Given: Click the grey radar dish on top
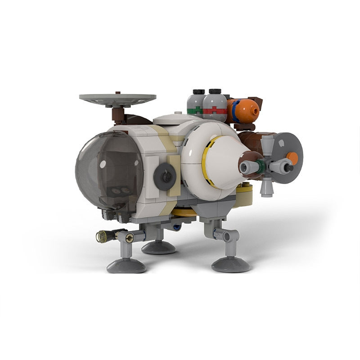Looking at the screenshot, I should click(117, 98).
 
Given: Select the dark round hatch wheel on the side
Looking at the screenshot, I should click(165, 176).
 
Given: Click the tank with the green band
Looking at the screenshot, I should click(195, 104).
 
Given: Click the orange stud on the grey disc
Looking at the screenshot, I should click(292, 158).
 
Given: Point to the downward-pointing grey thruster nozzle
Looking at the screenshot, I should click(267, 186).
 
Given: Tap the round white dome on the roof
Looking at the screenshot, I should click(177, 118).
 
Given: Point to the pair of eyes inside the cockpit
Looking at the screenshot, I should click(118, 191).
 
